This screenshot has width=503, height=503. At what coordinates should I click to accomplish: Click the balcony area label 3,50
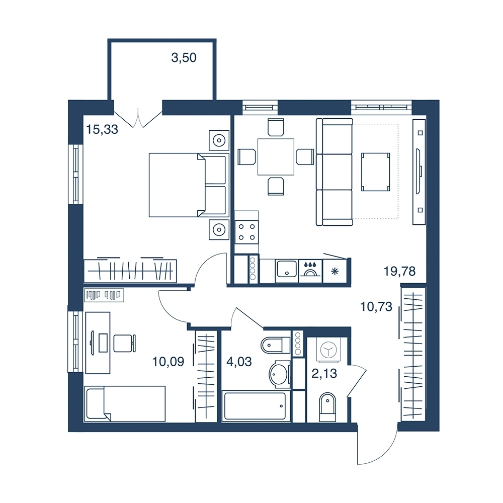[x=184, y=58]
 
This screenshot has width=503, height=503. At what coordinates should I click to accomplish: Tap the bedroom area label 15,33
[x=102, y=130]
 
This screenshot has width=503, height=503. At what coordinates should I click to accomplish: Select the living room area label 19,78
[x=400, y=272]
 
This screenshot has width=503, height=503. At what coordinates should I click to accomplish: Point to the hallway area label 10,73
[x=376, y=307]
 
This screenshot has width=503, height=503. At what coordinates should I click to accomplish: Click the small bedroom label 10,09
[x=168, y=362]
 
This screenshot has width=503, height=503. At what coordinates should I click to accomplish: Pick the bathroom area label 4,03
[x=239, y=362]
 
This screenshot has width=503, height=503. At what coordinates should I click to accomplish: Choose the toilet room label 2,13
[x=324, y=374]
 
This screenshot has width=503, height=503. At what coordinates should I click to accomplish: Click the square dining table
[x=276, y=156]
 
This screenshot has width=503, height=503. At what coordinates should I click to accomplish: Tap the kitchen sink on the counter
[x=287, y=271]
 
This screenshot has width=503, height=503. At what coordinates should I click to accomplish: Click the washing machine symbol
[x=328, y=350]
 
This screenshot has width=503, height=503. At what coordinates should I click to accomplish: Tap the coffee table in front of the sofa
[x=376, y=172]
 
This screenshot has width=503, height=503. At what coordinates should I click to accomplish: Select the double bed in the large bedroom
[x=189, y=185]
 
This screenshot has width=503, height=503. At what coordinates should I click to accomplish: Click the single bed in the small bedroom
[x=125, y=403]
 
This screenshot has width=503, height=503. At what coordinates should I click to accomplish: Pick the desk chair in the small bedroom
[x=124, y=343]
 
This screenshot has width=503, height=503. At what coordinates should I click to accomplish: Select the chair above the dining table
[x=276, y=127]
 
